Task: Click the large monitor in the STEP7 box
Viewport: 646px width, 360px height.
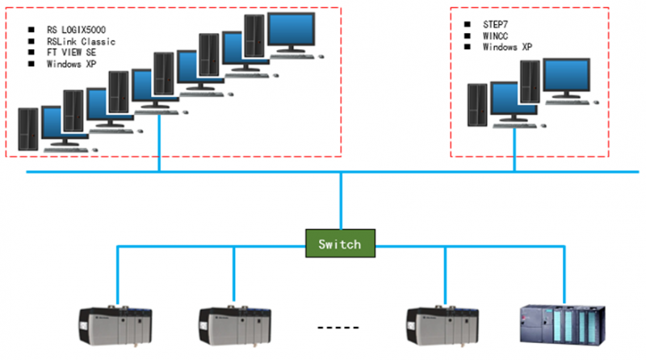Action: click(x=570, y=77)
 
